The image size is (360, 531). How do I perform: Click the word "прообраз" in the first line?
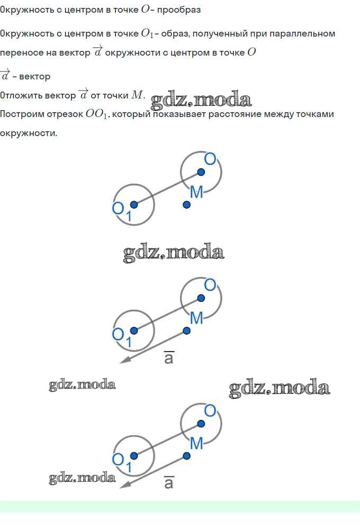point(179,10)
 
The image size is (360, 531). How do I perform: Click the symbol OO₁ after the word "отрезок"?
point(96,114)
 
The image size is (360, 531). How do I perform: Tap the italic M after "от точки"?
point(137,95)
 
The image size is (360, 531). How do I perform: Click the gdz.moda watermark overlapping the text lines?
point(201,100)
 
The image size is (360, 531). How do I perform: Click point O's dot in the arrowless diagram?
point(201,172)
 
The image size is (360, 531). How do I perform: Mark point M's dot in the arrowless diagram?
point(186,204)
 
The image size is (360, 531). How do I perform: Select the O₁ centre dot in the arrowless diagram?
point(134,204)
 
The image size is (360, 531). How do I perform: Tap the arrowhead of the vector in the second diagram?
point(124,361)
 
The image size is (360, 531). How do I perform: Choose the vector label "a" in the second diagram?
point(169,357)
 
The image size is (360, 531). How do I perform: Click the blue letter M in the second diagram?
point(196,318)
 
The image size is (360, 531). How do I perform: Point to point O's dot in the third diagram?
point(201,424)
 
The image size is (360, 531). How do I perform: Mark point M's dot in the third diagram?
point(186,456)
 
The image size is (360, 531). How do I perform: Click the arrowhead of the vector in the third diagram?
point(124,485)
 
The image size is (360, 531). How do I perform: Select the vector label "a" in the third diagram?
point(169,482)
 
